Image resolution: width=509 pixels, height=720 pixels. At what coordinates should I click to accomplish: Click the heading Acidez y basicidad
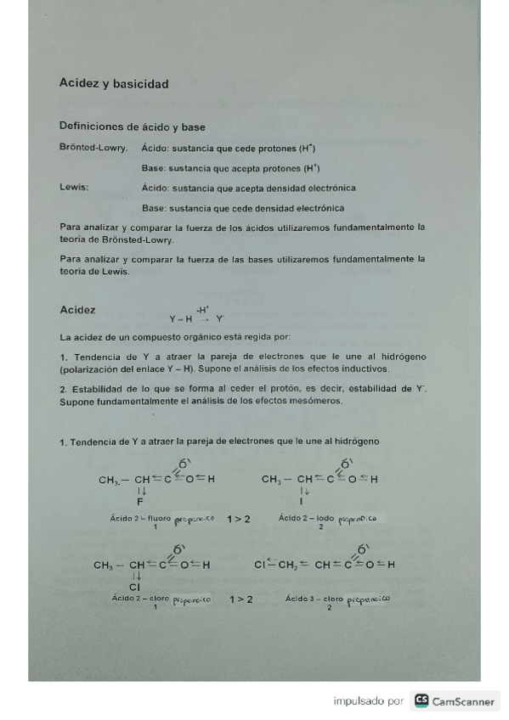114,84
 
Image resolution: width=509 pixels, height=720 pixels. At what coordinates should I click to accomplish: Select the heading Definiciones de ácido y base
132,127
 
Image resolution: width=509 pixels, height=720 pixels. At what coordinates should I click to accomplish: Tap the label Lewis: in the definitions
73,188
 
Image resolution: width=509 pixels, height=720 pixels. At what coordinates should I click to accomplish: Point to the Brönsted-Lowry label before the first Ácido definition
93,148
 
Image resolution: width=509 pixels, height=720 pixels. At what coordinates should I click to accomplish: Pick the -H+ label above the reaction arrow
202,309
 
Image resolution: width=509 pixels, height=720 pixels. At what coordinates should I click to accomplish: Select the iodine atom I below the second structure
303,502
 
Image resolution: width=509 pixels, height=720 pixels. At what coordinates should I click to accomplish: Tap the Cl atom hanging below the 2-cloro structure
134,587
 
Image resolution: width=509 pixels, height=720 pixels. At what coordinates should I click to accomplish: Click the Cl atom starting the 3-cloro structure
260,564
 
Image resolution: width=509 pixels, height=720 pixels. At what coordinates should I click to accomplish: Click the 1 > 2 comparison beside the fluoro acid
239,518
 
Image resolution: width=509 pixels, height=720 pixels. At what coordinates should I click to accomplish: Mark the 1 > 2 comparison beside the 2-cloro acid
241,599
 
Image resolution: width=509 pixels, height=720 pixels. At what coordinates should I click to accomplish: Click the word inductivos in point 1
365,369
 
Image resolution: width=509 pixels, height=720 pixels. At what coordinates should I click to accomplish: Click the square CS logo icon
421,701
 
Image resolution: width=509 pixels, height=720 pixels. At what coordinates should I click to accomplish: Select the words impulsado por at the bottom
368,701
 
